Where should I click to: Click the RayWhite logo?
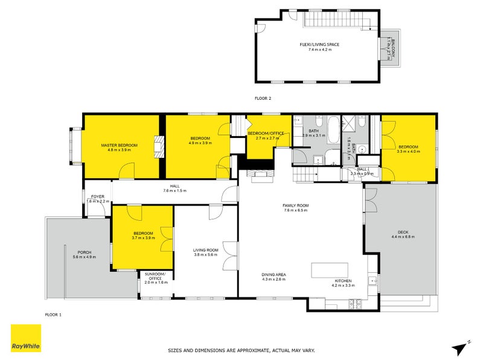point(26,338)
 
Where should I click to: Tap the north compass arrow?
point(460,347)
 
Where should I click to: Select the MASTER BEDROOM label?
point(119,145)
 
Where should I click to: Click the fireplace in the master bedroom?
point(159,146)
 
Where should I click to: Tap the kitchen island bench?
point(335,270)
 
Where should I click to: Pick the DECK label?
point(402,231)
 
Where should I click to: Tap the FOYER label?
point(98,197)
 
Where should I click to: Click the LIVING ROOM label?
point(205,250)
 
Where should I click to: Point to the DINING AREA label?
point(273,274)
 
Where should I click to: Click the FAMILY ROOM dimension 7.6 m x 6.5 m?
point(295,211)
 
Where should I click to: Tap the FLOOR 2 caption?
point(263,97)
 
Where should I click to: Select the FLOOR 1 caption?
point(54,315)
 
